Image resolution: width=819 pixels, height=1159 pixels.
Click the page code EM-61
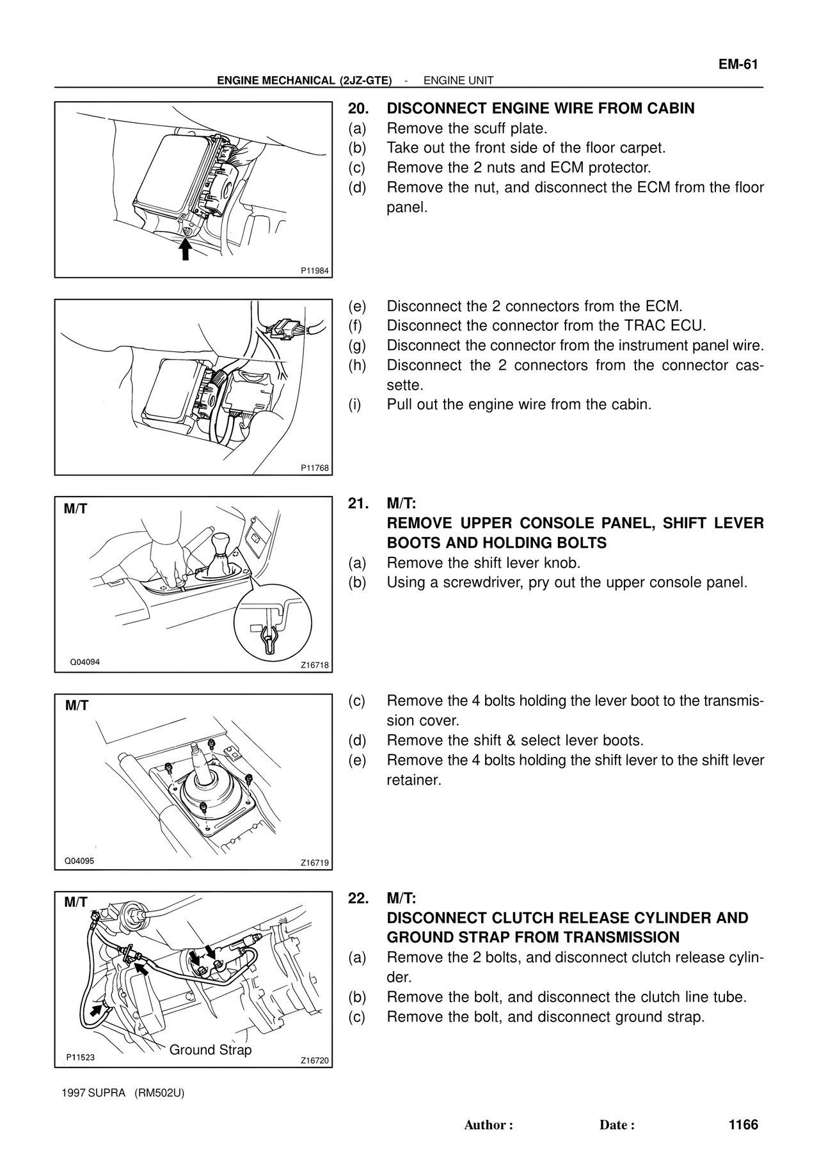click(x=738, y=64)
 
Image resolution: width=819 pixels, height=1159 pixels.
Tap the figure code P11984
click(x=315, y=271)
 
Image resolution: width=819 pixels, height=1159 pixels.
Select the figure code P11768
click(x=315, y=468)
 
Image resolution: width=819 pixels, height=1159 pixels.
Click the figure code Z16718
click(x=315, y=666)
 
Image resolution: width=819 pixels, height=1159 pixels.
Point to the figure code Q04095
click(x=79, y=861)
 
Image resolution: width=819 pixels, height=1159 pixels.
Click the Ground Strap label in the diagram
click(x=211, y=1050)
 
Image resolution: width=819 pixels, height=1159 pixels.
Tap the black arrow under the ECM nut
click(x=185, y=248)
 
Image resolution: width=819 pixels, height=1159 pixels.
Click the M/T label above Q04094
click(x=76, y=509)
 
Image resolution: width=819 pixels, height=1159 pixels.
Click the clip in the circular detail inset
click(x=269, y=637)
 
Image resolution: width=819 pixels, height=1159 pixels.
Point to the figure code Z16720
click(x=315, y=1060)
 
